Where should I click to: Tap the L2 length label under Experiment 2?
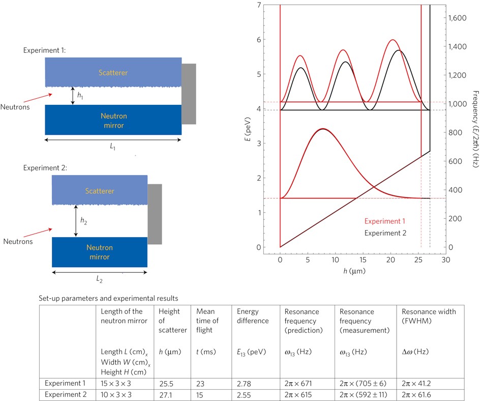pos(100,279)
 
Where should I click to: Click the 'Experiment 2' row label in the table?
pos(65,394)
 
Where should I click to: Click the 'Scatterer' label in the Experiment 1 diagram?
pos(113,73)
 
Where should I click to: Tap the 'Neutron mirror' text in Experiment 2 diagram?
pos(99,252)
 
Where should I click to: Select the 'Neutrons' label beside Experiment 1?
pos(15,107)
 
